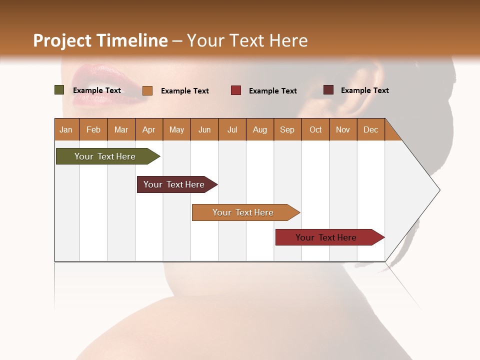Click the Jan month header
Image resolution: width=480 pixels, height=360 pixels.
point(66,129)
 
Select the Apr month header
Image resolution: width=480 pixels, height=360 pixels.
point(148,129)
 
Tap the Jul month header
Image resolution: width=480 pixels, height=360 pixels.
point(232,129)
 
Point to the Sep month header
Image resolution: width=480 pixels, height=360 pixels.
point(287,129)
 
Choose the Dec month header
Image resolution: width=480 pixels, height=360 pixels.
point(370,129)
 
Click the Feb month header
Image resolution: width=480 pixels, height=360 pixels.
point(93,129)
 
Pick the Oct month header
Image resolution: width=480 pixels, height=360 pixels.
point(315,129)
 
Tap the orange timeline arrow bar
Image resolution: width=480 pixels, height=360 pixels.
point(243,212)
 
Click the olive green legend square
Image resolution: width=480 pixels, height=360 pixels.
point(59,90)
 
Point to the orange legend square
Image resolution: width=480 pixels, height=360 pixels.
point(147,90)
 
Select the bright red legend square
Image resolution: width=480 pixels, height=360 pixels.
point(236,90)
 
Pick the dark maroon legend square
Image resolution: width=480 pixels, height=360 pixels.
point(328,90)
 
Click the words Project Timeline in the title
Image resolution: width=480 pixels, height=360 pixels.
point(100,40)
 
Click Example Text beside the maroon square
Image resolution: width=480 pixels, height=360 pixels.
point(364,90)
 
